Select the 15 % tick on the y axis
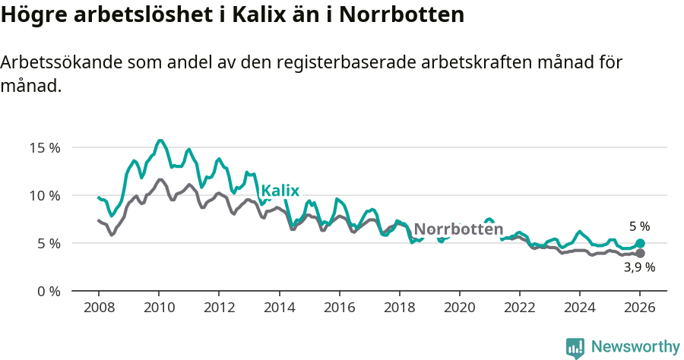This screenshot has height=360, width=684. (x=45, y=147)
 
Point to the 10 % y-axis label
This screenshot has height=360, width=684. (x=45, y=195)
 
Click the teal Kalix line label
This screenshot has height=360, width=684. (x=280, y=191)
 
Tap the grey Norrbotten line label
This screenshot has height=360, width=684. (x=458, y=229)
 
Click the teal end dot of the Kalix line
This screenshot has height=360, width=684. (x=640, y=244)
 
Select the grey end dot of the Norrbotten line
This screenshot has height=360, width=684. (x=640, y=253)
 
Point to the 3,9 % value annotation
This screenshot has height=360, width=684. (x=639, y=267)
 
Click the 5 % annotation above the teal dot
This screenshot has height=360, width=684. (x=639, y=226)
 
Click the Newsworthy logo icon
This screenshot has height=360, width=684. (x=575, y=348)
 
